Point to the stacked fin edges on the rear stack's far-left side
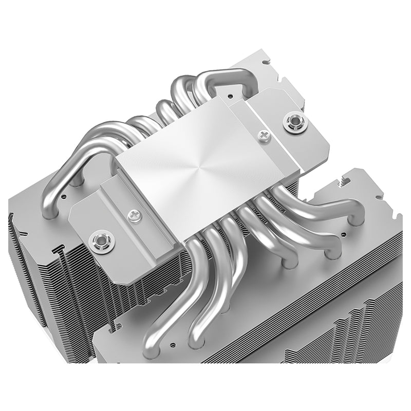point(21,241)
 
